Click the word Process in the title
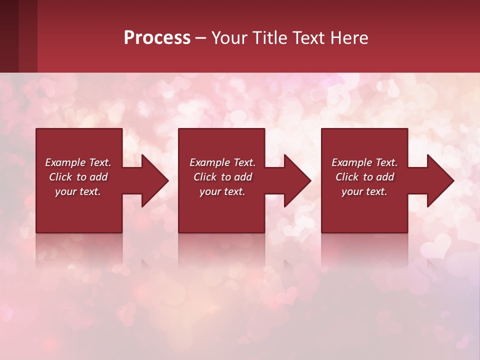tap(157, 37)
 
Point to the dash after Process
tap(201, 38)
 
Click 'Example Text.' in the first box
tap(78, 162)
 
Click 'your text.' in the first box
tap(78, 191)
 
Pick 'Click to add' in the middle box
tap(222, 177)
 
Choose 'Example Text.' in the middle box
tap(222, 162)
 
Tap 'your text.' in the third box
tap(364, 191)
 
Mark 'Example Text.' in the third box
tap(364, 162)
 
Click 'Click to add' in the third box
tap(364, 177)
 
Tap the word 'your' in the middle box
tap(209, 191)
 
